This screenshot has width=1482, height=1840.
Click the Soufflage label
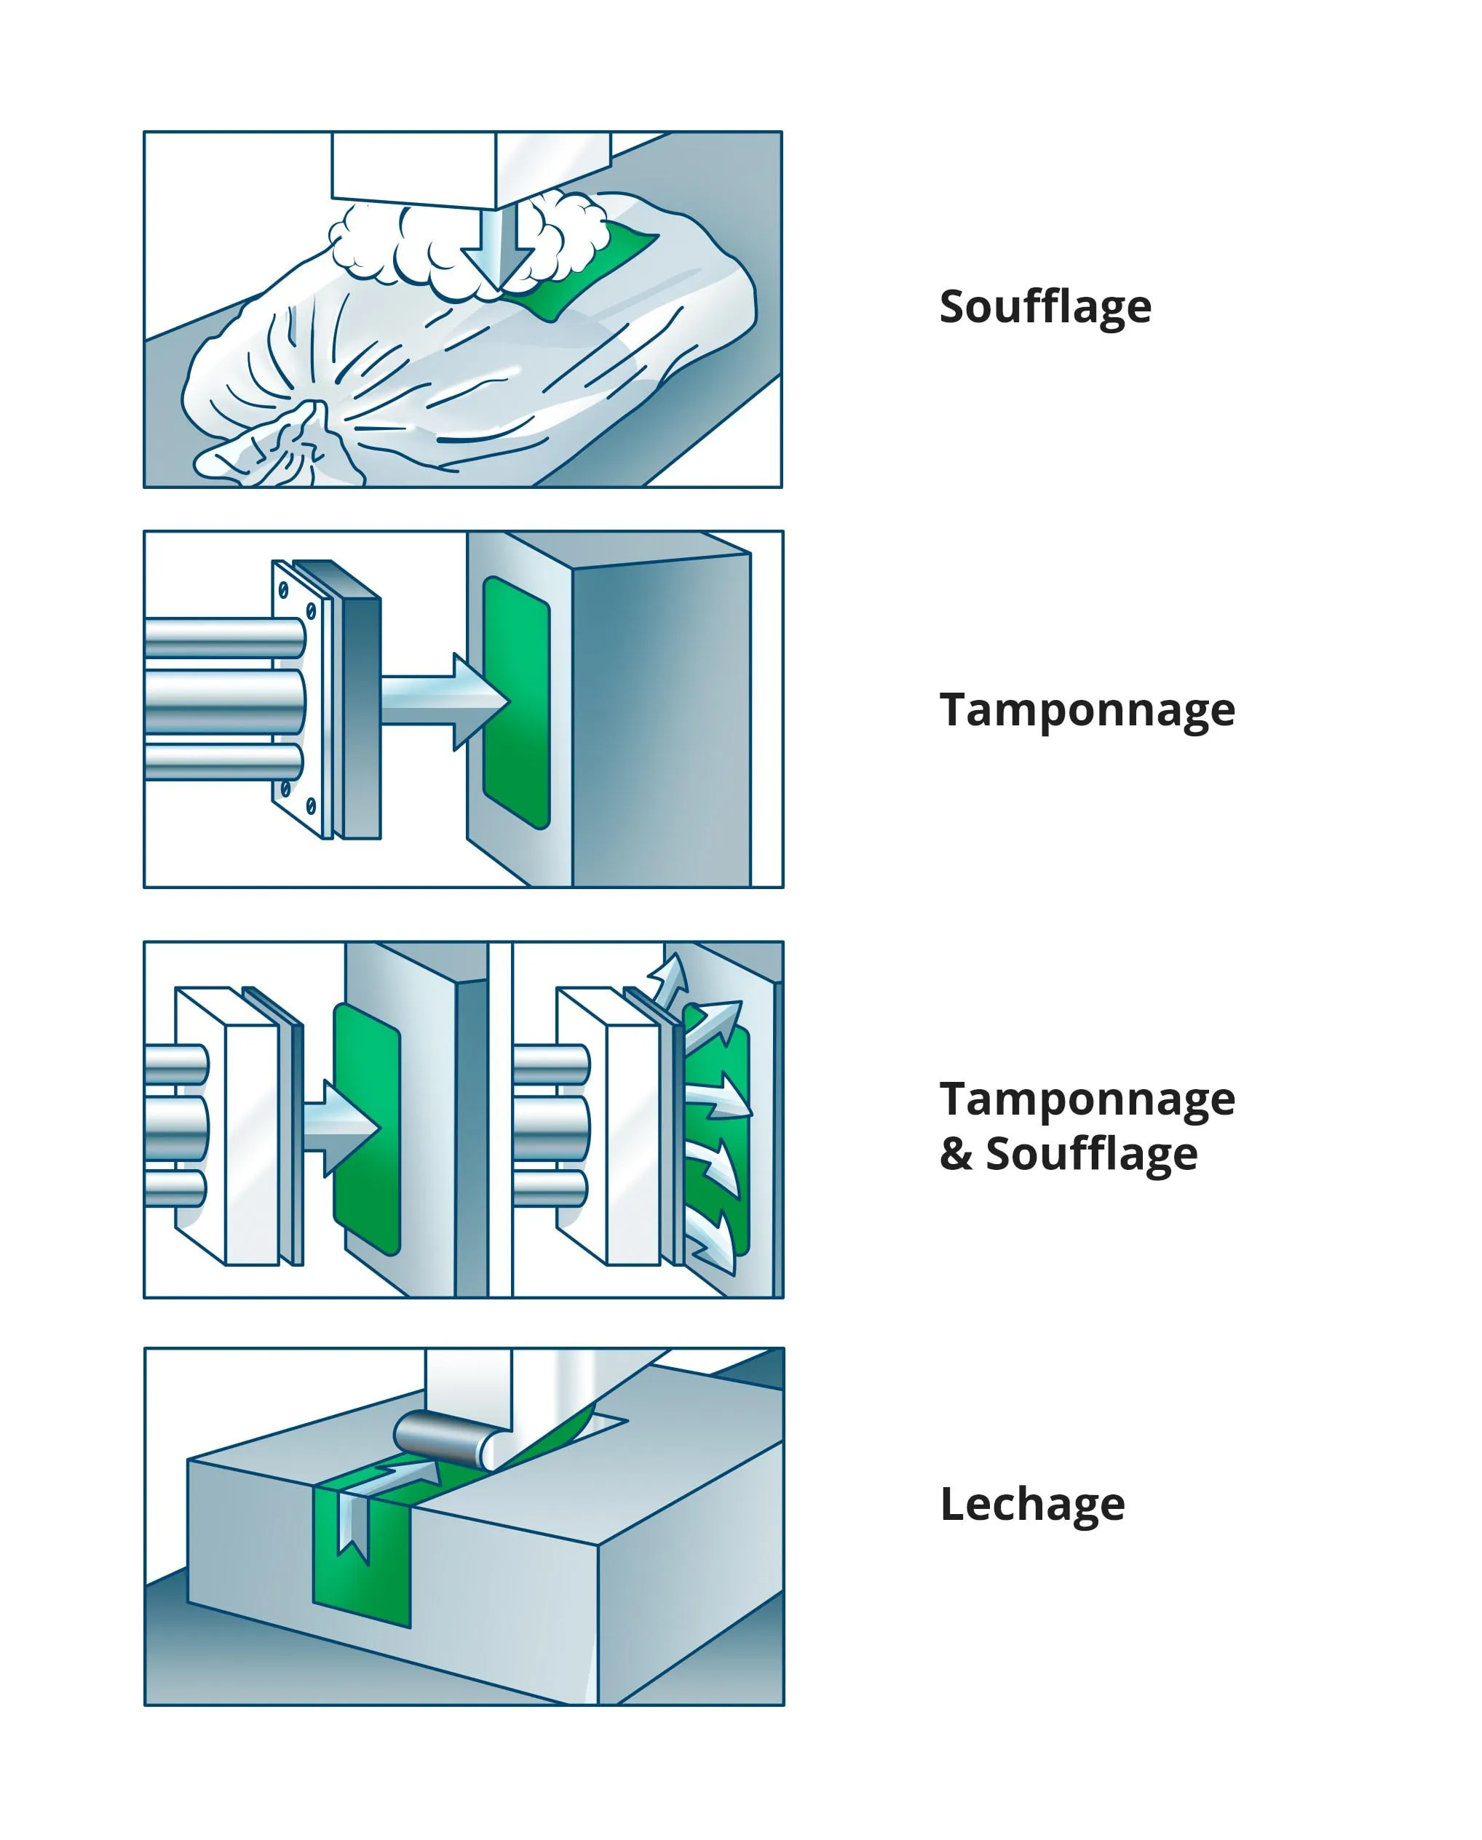[x=1045, y=307]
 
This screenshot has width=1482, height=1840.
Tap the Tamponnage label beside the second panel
[x=1087, y=710]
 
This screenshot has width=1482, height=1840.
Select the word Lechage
[x=1032, y=1504]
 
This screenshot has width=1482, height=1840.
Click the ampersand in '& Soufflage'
[x=957, y=1154]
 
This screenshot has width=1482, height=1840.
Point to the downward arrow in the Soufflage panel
[x=498, y=248]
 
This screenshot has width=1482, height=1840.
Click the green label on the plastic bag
[x=582, y=268]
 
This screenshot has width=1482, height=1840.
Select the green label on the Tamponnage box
[x=517, y=701]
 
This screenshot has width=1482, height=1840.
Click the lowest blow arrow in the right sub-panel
[x=710, y=1241]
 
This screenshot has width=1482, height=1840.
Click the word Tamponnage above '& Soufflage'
[x=1087, y=1099]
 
